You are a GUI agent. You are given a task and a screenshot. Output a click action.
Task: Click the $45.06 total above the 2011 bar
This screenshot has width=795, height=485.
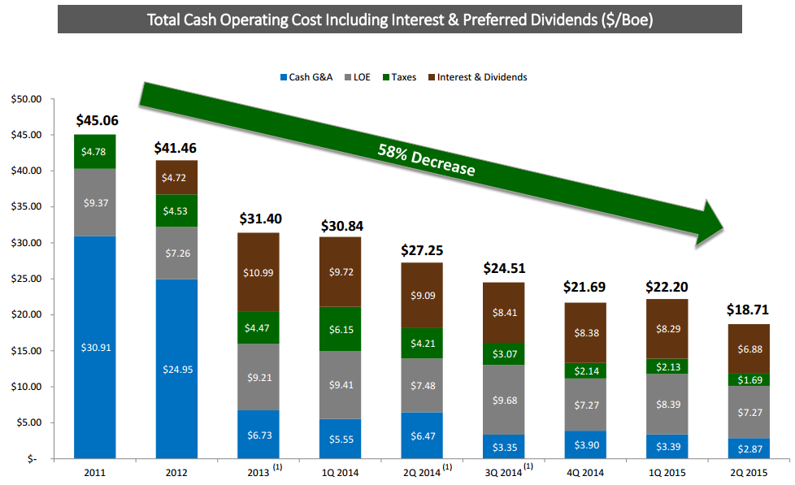[97, 121]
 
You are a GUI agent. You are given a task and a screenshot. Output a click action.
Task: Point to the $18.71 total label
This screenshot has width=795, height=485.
[748, 310]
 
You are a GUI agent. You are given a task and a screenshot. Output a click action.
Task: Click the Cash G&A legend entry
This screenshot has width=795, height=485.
[306, 77]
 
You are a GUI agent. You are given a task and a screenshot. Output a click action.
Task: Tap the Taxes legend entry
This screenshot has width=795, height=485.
[398, 77]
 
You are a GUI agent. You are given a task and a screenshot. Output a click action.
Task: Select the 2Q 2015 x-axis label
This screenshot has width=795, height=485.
[748, 471]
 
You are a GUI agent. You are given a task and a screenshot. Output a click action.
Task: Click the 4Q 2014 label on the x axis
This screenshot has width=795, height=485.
[584, 471]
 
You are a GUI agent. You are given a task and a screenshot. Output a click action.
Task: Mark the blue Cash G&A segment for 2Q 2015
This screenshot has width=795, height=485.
[748, 449]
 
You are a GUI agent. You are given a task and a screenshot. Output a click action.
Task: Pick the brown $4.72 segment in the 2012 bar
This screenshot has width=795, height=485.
[176, 177]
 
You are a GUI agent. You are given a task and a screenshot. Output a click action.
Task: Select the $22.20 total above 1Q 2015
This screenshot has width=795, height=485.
[667, 286]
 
